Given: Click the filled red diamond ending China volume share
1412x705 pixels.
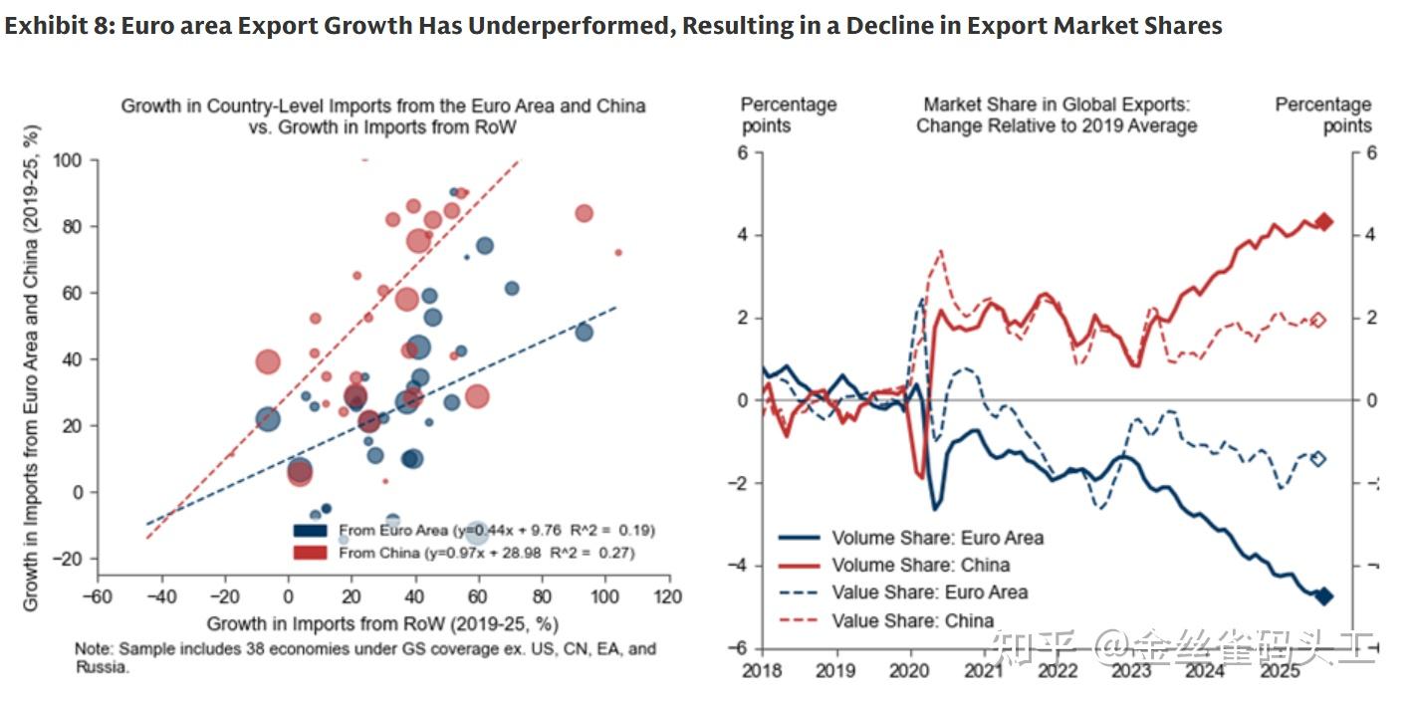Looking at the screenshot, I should coord(1324,222).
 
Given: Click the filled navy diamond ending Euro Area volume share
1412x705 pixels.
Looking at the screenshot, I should coord(1324,595).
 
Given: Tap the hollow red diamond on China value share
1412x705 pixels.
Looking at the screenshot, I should coord(1319,320).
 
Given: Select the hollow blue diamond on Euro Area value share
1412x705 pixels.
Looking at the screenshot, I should coord(1319,458).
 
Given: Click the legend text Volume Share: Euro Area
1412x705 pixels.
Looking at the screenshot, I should coord(937,538).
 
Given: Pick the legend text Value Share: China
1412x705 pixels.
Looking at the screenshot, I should coord(913,620).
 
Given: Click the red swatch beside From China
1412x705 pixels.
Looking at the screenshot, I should coord(311,552).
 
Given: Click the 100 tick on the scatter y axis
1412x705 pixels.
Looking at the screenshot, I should coord(74,159).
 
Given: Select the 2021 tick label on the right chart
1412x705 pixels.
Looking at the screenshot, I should coord(985,670).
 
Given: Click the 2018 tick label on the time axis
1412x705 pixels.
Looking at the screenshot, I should coord(764,670).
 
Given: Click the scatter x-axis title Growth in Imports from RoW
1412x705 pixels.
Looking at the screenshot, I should coord(382,624).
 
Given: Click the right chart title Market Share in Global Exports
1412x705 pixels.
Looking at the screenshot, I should coord(1057,105).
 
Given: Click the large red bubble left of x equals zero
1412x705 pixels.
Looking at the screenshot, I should coord(267,362).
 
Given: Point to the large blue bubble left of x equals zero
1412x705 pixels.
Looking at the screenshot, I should coord(267,420).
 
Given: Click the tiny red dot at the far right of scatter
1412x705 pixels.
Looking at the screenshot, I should coord(617,253).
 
